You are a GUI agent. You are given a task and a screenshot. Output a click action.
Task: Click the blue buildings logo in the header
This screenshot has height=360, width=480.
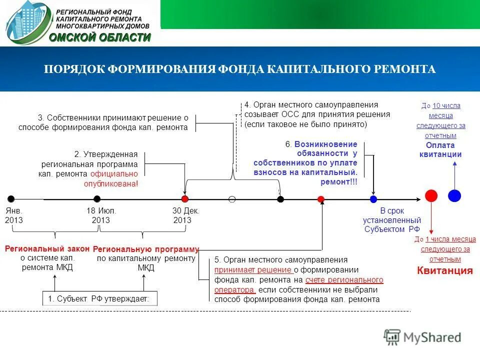click(27, 23)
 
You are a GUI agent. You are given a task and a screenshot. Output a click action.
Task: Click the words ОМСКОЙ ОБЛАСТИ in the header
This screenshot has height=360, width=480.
click(100, 37)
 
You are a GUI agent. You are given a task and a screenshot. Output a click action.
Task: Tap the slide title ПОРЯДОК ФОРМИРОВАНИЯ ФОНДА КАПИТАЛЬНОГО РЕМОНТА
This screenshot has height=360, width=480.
click(239, 69)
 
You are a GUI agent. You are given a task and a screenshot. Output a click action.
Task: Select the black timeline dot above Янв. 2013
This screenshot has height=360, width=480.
click(11, 199)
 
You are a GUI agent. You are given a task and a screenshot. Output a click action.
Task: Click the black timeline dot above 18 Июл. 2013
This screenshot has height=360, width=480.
click(97, 199)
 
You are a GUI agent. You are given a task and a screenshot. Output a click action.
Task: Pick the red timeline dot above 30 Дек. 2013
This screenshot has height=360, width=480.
click(184, 199)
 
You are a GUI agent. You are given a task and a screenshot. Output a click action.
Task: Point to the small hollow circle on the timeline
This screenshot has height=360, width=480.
click(232, 199)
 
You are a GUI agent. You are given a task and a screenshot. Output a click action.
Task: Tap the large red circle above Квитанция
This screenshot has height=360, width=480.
click(431, 195)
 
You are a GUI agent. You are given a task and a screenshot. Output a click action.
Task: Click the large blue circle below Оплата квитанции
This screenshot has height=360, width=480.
click(454, 195)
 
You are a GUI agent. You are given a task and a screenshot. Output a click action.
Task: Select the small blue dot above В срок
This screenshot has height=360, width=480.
click(373, 199)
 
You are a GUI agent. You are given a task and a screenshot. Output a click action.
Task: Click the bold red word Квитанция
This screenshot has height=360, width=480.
click(444, 271)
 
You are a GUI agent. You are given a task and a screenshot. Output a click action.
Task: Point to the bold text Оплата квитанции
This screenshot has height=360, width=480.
click(440, 149)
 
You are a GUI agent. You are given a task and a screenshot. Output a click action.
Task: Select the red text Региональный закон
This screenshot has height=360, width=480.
click(47, 248)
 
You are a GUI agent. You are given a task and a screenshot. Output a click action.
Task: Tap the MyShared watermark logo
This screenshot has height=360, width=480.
click(422, 337)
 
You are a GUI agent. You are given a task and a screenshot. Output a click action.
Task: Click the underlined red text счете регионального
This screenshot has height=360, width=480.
click(344, 280)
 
